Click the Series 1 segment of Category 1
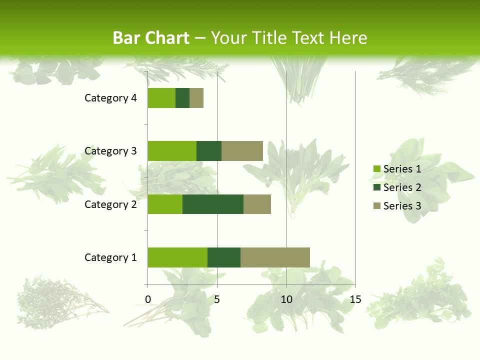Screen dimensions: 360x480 pyautogui.click(x=177, y=257)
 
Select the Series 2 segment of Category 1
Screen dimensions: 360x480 pyautogui.click(x=224, y=257)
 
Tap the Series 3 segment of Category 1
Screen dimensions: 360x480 pyautogui.click(x=275, y=257)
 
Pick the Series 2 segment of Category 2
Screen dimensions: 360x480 pyautogui.click(x=213, y=204)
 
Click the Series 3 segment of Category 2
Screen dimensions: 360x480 pyautogui.click(x=257, y=204)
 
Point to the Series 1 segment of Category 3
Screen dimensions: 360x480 pyautogui.click(x=172, y=151)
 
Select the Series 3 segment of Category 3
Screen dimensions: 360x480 pyautogui.click(x=242, y=151)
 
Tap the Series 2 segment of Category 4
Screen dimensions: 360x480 pyautogui.click(x=182, y=98)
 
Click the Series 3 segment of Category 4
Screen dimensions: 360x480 pyautogui.click(x=196, y=98)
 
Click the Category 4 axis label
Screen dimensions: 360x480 pyautogui.click(x=110, y=98)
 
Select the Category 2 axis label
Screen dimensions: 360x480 pyautogui.click(x=110, y=204)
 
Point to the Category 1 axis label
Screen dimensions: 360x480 pyautogui.click(x=110, y=257)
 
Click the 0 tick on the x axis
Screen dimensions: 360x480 pyautogui.click(x=148, y=299)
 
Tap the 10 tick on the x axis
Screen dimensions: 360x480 pyautogui.click(x=286, y=299)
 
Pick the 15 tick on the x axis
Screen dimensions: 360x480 pyautogui.click(x=355, y=299)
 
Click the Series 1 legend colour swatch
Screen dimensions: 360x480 pyautogui.click(x=377, y=169)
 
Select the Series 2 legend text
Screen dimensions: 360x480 pyautogui.click(x=402, y=187)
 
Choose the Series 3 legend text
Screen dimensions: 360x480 pyautogui.click(x=402, y=206)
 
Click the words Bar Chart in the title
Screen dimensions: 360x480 pyautogui.click(x=151, y=38)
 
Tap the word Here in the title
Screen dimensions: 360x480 pyautogui.click(x=348, y=38)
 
